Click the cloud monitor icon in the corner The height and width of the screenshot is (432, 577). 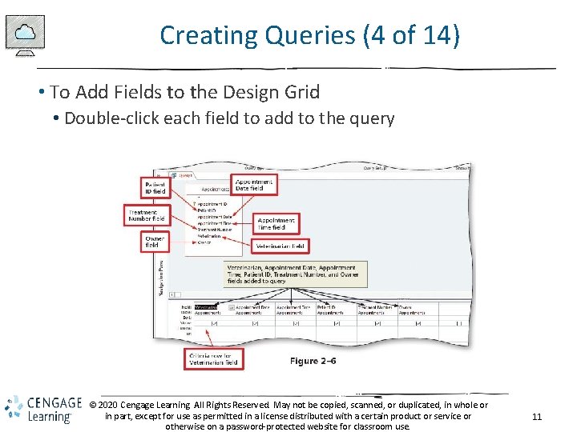tap(25, 35)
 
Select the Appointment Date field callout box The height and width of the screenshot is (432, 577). tap(254, 185)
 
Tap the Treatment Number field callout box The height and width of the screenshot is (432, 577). tap(147, 214)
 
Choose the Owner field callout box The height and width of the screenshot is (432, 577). tap(155, 242)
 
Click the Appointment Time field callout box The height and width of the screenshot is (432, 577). tap(276, 223)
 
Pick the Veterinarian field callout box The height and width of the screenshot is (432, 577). tap(280, 246)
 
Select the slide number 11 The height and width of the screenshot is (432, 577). tap(537, 416)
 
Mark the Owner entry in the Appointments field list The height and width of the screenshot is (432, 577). tap(204, 242)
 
